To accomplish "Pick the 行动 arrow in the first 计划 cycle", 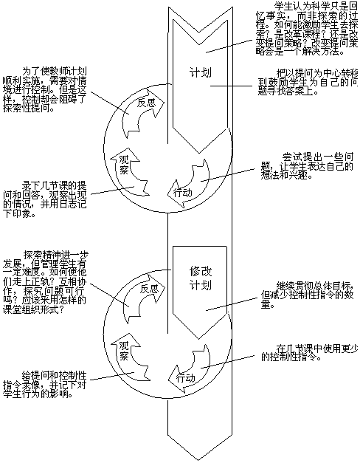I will tap(184, 191).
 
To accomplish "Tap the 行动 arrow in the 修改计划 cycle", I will tap(185, 377).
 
